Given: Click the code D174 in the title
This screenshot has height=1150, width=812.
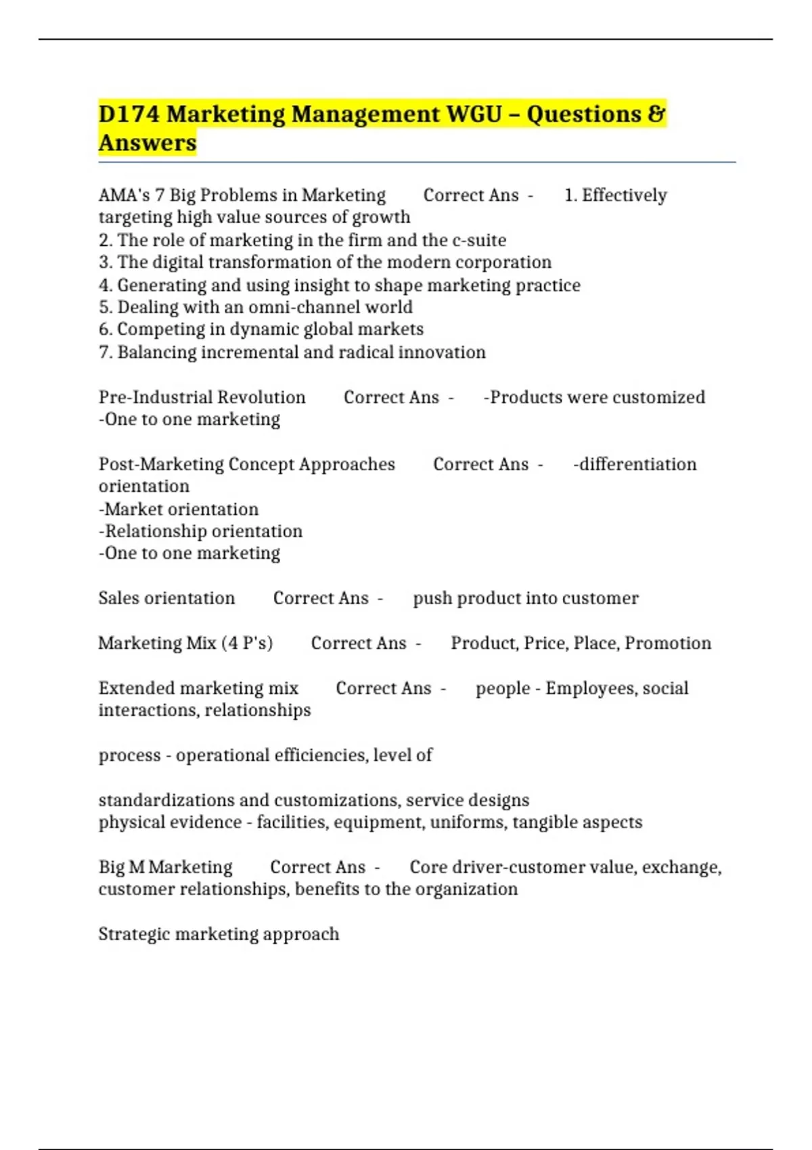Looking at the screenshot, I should pyautogui.click(x=129, y=114).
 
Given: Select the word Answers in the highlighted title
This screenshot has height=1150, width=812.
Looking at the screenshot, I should pyautogui.click(x=148, y=143).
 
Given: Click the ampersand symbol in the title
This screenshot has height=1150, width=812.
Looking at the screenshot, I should pyautogui.click(x=656, y=114).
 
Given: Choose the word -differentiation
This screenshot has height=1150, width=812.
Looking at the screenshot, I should pyautogui.click(x=635, y=464).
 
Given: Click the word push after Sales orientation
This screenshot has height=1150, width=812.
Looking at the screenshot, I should pyautogui.click(x=432, y=599).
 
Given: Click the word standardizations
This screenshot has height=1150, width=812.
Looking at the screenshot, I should pyautogui.click(x=165, y=800).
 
